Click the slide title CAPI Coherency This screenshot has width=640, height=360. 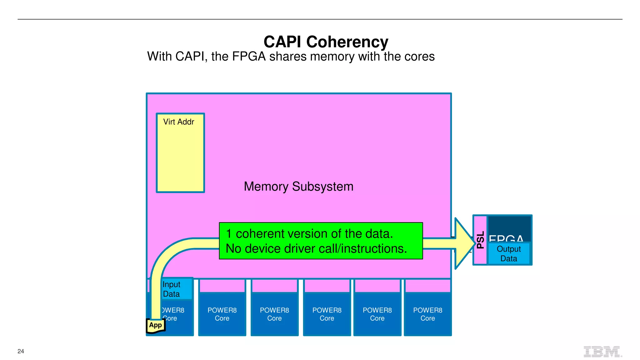[x=326, y=42]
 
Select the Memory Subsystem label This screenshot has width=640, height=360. [x=298, y=187]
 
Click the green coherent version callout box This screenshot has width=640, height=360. [x=321, y=241]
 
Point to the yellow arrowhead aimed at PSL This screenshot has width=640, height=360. [x=464, y=243]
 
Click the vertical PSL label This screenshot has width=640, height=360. [x=480, y=240]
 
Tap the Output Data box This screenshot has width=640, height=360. [x=508, y=254]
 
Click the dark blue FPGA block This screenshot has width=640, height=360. [x=509, y=227]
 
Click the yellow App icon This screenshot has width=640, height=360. [x=155, y=325]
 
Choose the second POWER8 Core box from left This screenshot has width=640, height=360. [x=222, y=314]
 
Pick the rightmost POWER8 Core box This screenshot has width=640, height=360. [x=427, y=314]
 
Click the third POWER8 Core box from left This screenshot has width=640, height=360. [x=274, y=314]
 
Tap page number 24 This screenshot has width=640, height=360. [x=21, y=351]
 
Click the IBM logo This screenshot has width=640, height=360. [x=602, y=352]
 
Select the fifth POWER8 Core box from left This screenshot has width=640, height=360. [x=377, y=314]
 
